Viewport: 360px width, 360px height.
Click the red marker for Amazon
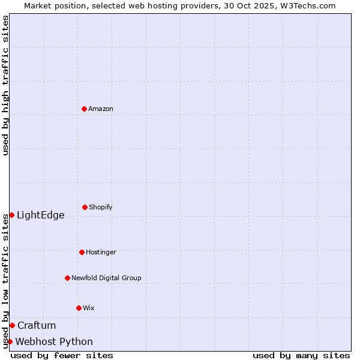click(x=84, y=109)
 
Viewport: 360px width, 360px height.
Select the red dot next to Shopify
click(x=85, y=207)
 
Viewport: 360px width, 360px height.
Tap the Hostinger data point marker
click(x=82, y=252)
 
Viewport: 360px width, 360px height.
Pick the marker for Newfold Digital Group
click(x=67, y=278)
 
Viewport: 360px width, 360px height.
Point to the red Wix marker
click(x=79, y=308)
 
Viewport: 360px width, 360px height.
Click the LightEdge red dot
click(x=11, y=215)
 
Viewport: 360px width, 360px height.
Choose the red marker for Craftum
click(x=12, y=325)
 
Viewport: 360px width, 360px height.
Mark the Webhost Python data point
click(x=10, y=341)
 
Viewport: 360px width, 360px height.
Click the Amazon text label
click(x=101, y=109)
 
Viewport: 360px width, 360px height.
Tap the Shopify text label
click(x=101, y=208)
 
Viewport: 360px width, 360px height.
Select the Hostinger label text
click(x=101, y=253)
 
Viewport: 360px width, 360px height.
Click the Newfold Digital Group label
click(x=106, y=278)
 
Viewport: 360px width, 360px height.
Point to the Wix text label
click(x=89, y=308)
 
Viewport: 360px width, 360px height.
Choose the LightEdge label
click(x=41, y=215)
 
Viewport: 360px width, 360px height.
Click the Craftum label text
click(x=37, y=326)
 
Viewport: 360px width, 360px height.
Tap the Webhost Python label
click(x=54, y=342)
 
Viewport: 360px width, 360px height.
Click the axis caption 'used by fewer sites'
click(x=62, y=355)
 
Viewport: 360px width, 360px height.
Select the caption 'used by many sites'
click(x=301, y=355)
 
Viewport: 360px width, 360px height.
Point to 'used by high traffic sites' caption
click(x=5, y=85)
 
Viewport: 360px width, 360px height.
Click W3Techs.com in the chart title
click(x=305, y=5)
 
